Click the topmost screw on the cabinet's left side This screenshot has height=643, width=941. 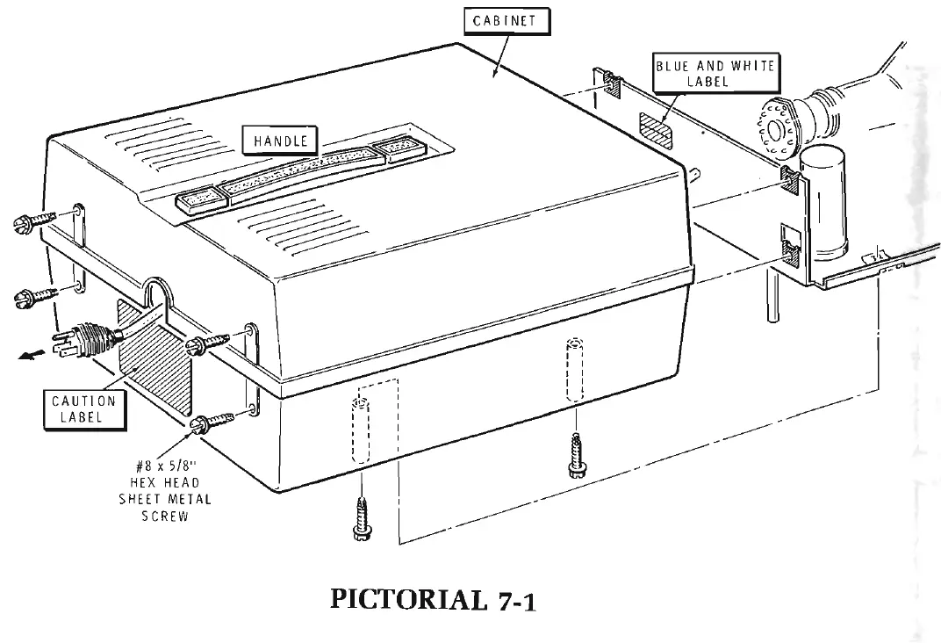tap(35, 223)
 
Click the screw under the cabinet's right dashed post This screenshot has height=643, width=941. tap(575, 453)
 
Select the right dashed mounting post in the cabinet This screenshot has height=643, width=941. tap(574, 369)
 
